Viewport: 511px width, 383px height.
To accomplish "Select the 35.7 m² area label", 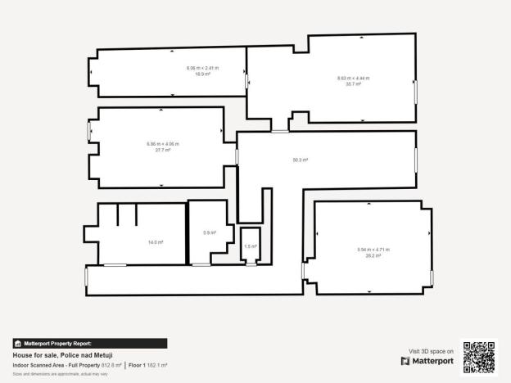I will coord(353,83).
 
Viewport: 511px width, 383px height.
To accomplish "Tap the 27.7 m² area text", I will coord(162,150).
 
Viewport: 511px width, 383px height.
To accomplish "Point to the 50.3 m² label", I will coord(300,160).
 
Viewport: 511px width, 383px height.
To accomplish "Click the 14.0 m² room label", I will coord(155,242).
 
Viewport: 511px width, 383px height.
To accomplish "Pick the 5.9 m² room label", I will coord(209,232).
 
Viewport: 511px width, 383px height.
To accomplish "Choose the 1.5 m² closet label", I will coord(250,246).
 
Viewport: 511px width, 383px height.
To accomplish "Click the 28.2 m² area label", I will coord(373,255).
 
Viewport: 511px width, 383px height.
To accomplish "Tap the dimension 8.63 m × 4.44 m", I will coord(353,78).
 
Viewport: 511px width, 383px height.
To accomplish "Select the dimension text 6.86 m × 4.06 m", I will coord(162,144).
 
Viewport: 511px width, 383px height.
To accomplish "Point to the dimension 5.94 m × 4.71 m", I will coord(373,250).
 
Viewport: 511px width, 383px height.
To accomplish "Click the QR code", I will coord(479,357).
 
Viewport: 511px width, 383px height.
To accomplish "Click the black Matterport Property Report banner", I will coord(90,344).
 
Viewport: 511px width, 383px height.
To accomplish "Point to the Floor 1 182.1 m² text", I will coord(148,365).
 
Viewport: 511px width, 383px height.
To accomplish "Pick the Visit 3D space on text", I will coord(430,349).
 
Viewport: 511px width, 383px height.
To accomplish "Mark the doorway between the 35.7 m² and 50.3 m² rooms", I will coord(281,131).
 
